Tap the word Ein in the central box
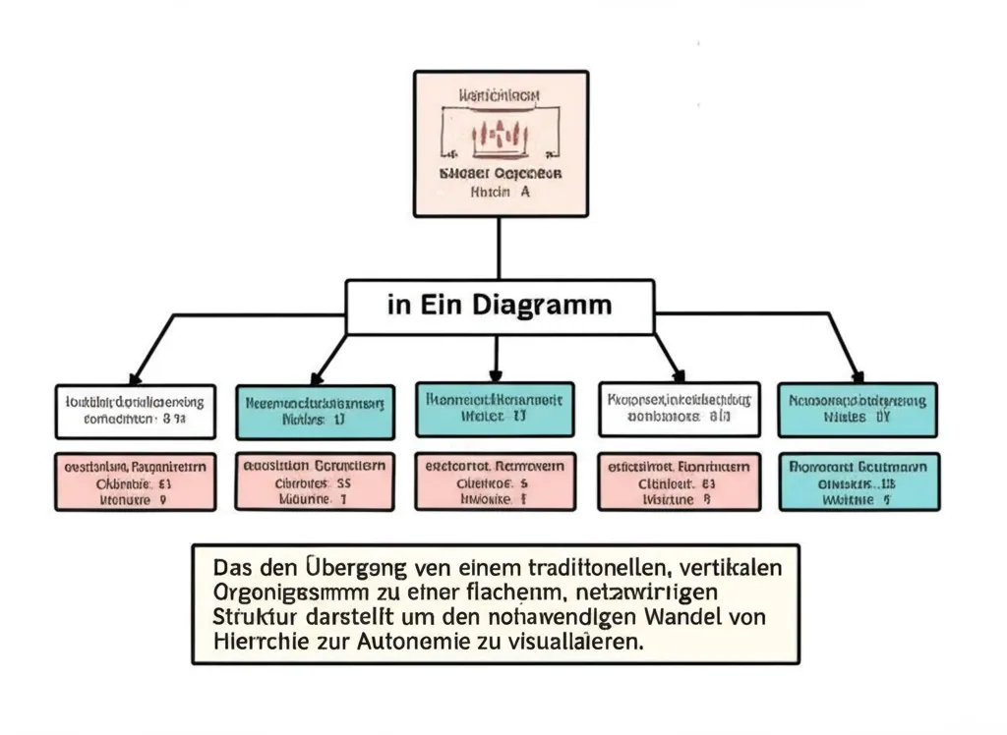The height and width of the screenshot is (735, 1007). click(449, 305)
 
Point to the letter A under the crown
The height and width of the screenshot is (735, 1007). click(524, 193)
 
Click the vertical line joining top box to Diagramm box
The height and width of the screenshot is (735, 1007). click(499, 248)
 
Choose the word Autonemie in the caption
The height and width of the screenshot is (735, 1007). click(427, 644)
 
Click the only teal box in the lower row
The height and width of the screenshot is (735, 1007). click(859, 481)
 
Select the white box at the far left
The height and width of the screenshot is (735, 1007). click(135, 410)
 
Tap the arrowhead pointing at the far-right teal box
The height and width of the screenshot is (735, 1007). click(858, 375)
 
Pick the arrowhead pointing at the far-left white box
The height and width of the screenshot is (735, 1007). click(135, 376)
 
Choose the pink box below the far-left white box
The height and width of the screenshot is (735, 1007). click(135, 481)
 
